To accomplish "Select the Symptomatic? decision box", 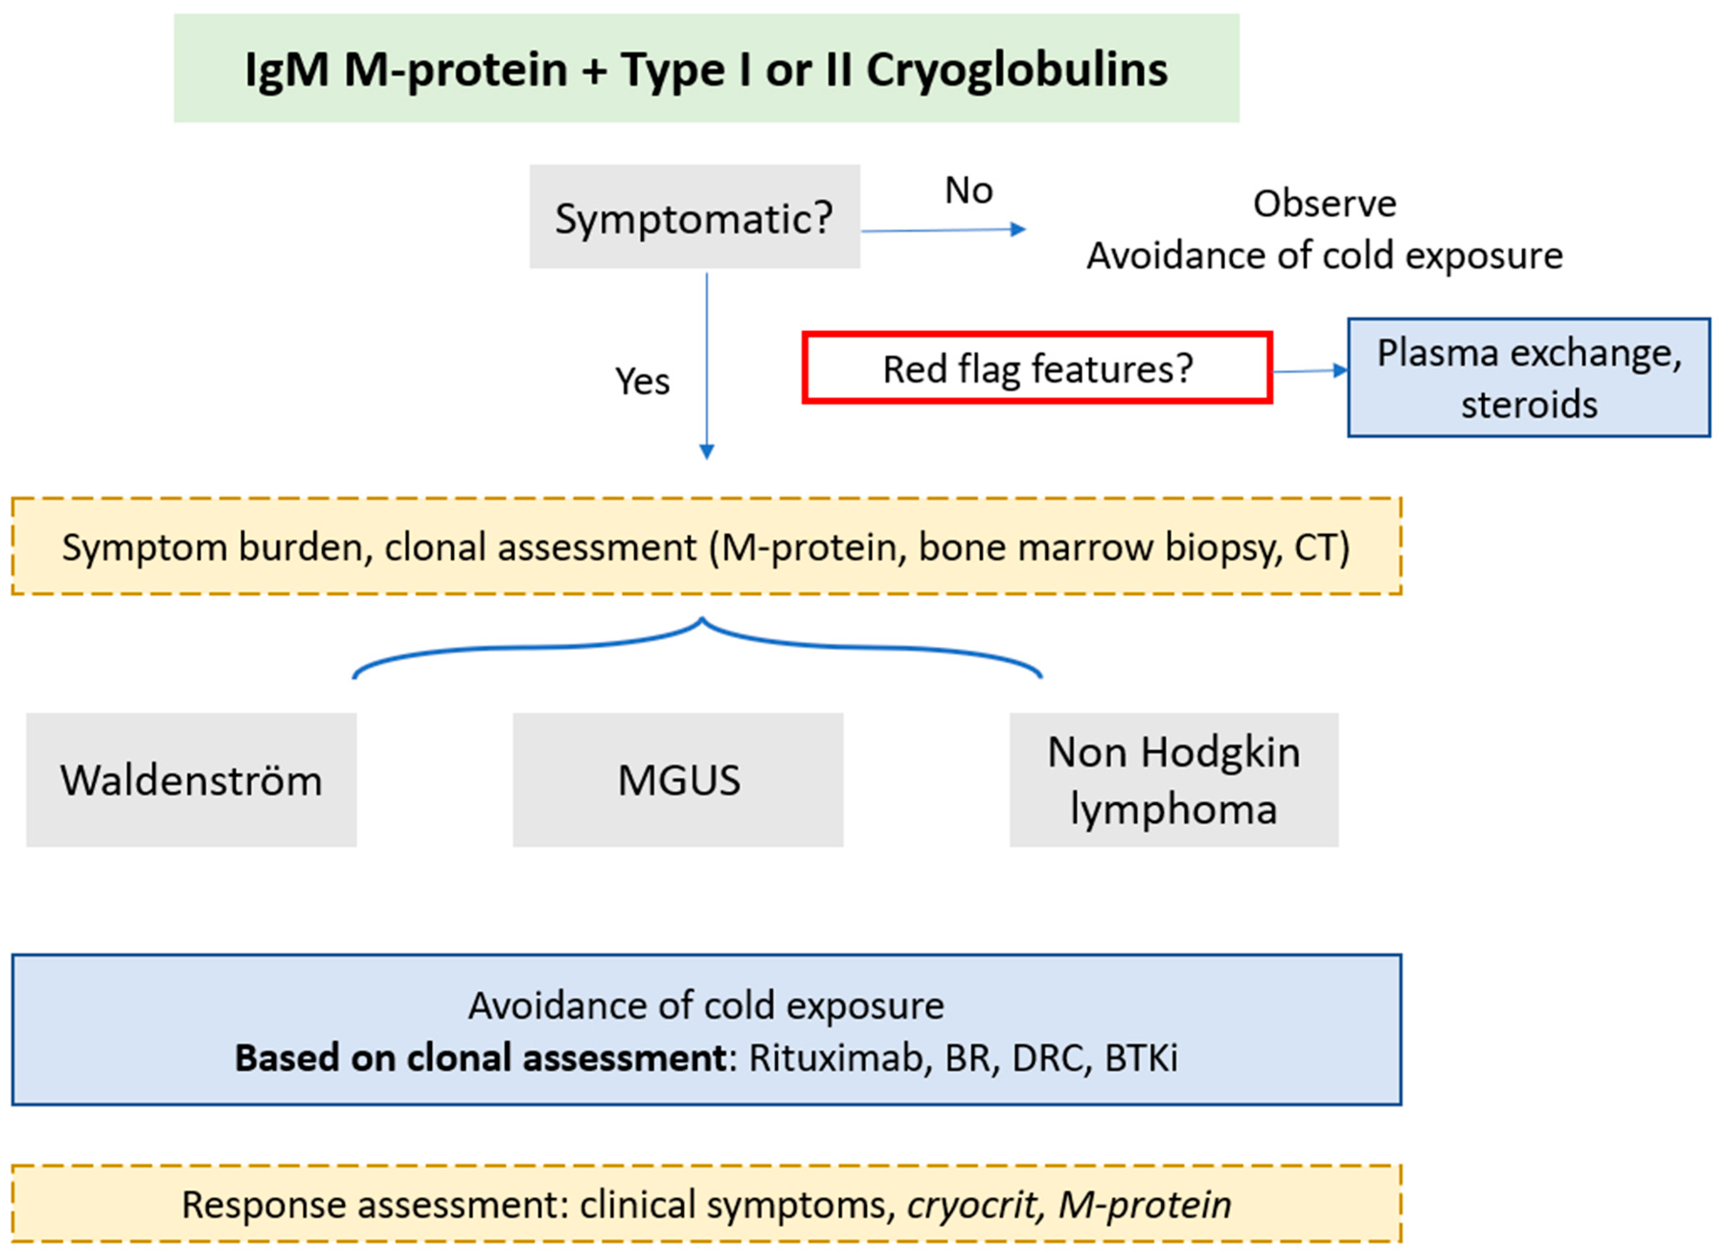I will coord(694,217).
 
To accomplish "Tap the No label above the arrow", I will coord(968,191).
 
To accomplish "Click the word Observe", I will coord(1324,204).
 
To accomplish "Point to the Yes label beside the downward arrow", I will coord(642,381).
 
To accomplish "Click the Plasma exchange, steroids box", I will coord(1528,378).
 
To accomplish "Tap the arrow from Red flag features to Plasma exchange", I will coord(1309,371).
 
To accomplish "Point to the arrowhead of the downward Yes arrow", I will coord(706,451).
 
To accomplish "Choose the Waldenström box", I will coord(191,779).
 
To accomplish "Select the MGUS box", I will coord(678,779).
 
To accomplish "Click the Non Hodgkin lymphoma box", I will coord(1173,779).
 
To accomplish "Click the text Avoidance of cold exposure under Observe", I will coord(1324,255).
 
